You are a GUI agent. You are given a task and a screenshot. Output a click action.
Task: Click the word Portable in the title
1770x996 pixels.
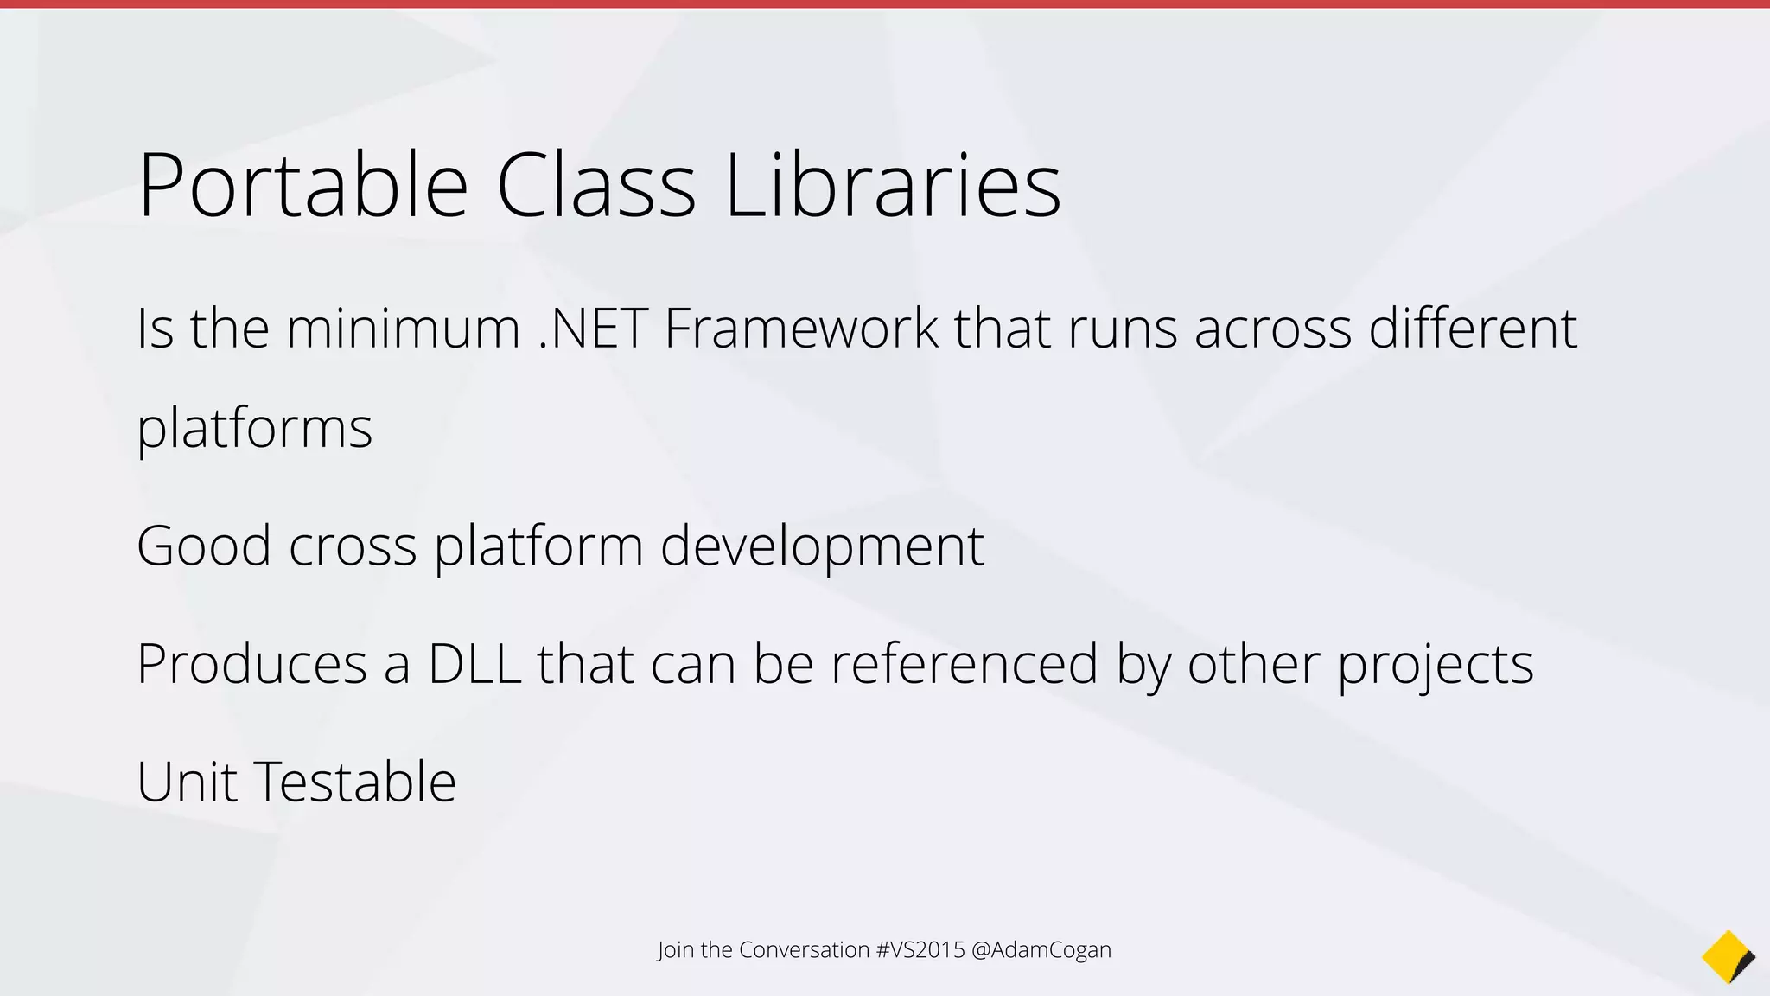pyautogui.click(x=302, y=185)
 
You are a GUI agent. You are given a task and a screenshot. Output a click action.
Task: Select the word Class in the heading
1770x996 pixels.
pyautogui.click(x=595, y=185)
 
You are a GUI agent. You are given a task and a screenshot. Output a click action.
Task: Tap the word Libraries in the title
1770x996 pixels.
pyautogui.click(x=893, y=185)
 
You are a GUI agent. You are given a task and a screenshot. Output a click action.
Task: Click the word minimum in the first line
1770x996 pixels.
pyautogui.click(x=403, y=329)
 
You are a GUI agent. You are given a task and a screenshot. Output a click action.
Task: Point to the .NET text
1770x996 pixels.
pyautogui.click(x=593, y=329)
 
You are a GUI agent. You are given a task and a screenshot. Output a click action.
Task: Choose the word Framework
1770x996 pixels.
pyautogui.click(x=800, y=329)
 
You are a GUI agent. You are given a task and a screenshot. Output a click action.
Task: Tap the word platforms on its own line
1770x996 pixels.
pyautogui.click(x=254, y=429)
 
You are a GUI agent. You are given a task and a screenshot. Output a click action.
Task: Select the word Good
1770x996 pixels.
pyautogui.click(x=204, y=546)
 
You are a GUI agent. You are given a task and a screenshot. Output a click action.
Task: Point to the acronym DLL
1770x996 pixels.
pyautogui.click(x=474, y=664)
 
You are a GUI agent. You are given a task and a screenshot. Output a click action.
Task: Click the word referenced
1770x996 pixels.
pyautogui.click(x=965, y=664)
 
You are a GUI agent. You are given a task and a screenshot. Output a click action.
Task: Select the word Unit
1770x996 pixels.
pyautogui.click(x=187, y=782)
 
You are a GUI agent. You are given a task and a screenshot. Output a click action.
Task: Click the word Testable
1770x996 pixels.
pyautogui.click(x=355, y=782)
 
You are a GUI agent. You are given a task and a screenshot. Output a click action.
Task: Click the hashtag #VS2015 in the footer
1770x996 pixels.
pyautogui.click(x=920, y=950)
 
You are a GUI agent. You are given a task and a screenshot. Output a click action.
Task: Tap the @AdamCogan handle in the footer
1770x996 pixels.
pyautogui.click(x=1041, y=950)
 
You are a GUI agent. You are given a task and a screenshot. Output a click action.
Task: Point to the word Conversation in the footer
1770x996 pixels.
pyautogui.click(x=804, y=950)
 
